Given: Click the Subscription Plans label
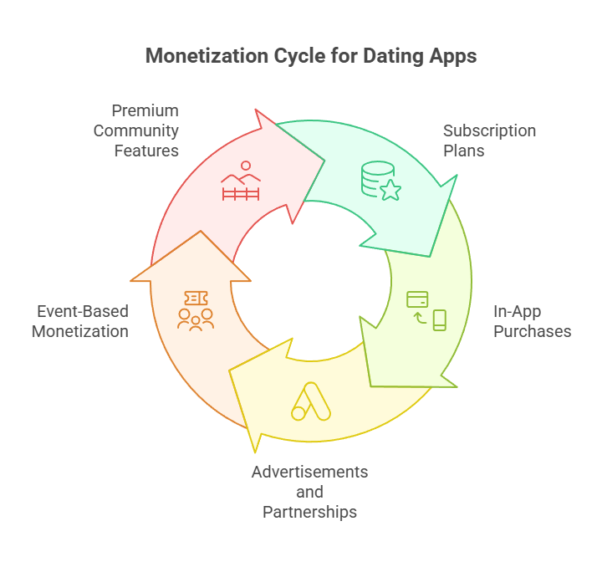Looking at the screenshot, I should (489, 140).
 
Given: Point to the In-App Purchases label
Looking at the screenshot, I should (532, 321).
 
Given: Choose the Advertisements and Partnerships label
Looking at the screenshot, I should (309, 492).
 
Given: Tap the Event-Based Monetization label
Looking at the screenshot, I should (80, 321).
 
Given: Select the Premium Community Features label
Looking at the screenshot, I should (136, 130).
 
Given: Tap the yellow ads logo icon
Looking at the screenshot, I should (310, 401).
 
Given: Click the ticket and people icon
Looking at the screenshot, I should (196, 309).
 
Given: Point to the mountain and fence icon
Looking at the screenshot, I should (241, 181).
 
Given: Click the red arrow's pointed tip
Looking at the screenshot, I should (324, 159).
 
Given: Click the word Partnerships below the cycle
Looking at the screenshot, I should (309, 511).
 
